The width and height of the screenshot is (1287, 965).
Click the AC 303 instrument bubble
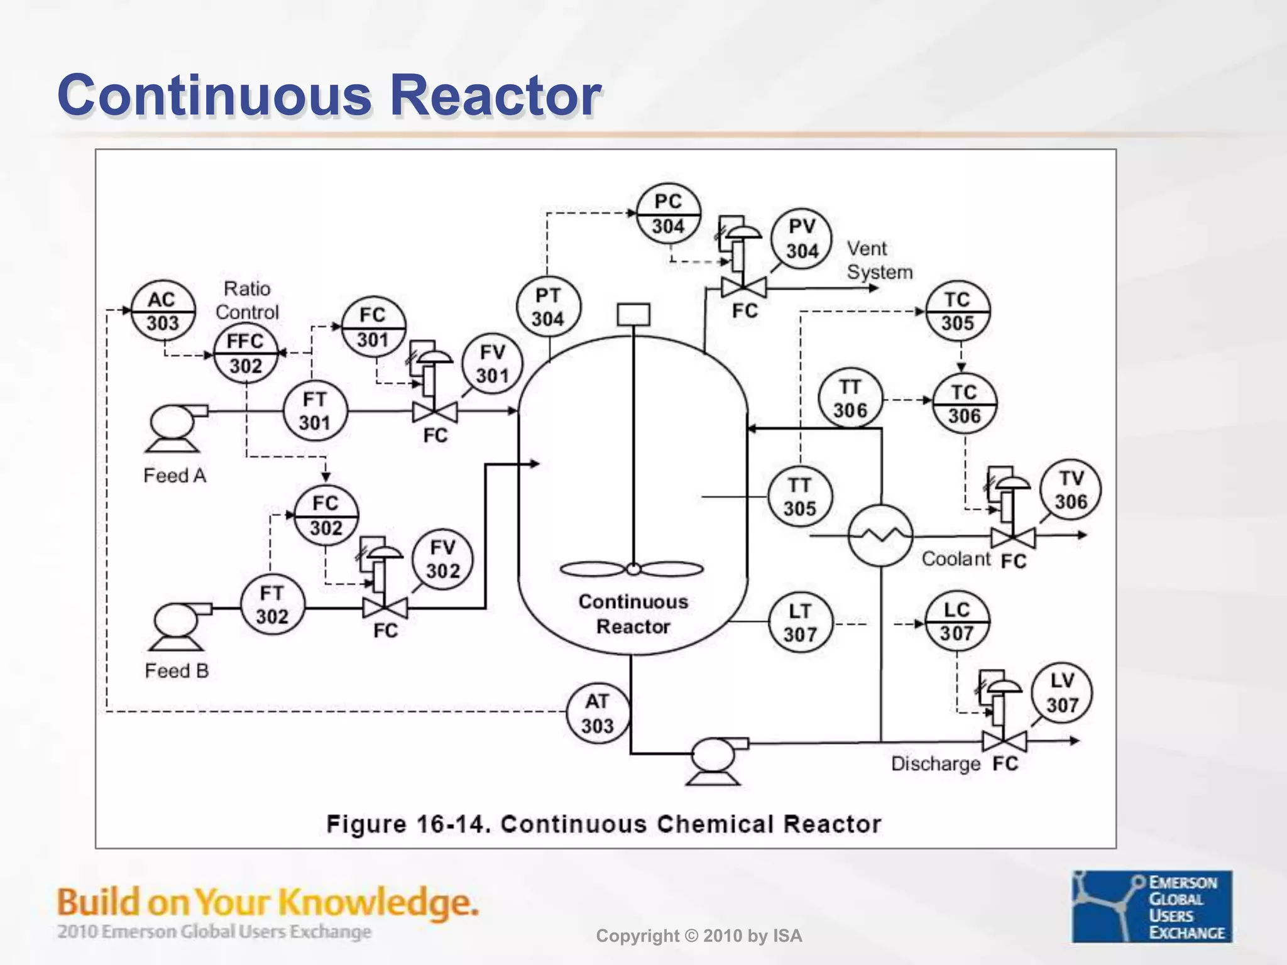tap(163, 311)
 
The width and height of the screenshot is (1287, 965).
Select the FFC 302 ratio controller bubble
tap(245, 353)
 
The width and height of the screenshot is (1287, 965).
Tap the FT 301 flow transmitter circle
tap(315, 411)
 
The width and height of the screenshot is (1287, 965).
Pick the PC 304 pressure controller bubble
tap(668, 214)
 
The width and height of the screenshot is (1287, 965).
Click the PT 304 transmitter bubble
tap(548, 307)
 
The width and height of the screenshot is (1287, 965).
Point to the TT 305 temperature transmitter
tap(799, 497)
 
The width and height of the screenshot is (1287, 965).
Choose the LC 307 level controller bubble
tap(956, 622)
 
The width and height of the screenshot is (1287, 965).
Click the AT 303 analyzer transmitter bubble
tap(597, 714)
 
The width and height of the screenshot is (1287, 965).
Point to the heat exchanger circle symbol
tap(880, 535)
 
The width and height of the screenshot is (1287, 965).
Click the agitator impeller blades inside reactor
tap(632, 569)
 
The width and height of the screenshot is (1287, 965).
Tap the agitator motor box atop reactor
tap(633, 315)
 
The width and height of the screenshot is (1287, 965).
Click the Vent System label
tap(879, 260)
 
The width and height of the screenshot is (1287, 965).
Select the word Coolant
tap(955, 559)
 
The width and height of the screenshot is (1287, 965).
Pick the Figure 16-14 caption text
tap(603, 824)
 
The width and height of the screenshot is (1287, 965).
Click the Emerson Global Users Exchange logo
tap(1151, 906)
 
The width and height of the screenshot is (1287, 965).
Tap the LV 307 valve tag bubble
tap(1061, 692)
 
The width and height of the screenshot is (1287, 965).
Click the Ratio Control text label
tap(247, 300)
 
